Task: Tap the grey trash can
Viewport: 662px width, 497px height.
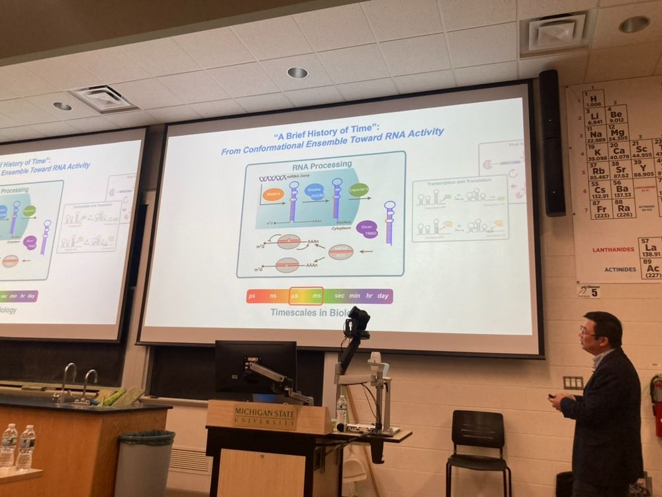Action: tap(144, 463)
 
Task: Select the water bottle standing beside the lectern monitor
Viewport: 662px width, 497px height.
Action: tap(342, 409)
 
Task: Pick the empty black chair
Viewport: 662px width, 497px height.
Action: tap(478, 451)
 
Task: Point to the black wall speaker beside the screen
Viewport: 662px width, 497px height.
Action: tap(551, 142)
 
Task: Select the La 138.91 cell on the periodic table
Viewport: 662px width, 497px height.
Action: tap(650, 248)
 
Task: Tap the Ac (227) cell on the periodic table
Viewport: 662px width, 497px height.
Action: tap(650, 268)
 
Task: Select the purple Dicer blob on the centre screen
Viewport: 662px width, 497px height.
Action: tap(367, 228)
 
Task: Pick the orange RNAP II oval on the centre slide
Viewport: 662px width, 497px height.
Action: tap(272, 195)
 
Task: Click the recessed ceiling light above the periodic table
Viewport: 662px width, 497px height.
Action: tap(634, 24)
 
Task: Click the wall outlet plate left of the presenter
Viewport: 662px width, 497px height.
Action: tap(573, 382)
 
